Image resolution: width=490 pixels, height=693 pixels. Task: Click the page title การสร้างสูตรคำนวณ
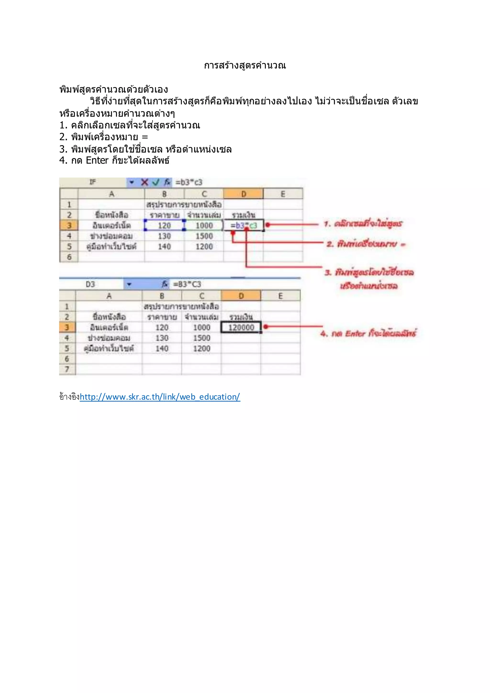pyautogui.click(x=245, y=66)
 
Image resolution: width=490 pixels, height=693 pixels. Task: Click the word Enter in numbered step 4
pyautogui.click(x=97, y=160)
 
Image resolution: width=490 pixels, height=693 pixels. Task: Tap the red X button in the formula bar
pyautogui.click(x=145, y=182)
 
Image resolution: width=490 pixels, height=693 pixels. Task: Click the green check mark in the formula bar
pyautogui.click(x=156, y=182)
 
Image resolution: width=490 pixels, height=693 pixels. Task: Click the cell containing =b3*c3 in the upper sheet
pyautogui.click(x=244, y=225)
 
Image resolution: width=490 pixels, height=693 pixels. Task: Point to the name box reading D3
pyautogui.click(x=90, y=284)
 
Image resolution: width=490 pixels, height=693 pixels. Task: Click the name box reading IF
pyautogui.click(x=93, y=182)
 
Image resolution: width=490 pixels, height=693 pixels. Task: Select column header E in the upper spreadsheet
pyautogui.click(x=283, y=194)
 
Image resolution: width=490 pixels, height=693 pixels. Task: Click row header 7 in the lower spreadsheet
pyautogui.click(x=67, y=369)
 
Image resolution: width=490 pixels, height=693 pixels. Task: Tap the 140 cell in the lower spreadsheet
pyautogui.click(x=162, y=349)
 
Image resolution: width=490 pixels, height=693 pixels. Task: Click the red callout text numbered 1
pyautogui.click(x=363, y=224)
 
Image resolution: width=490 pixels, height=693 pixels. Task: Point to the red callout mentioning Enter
pyautogui.click(x=368, y=333)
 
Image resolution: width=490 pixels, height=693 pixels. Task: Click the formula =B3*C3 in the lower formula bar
pyautogui.click(x=187, y=284)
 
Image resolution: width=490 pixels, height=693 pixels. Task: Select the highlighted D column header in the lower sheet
pyautogui.click(x=241, y=296)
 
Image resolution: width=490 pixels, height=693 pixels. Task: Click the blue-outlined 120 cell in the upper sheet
pyautogui.click(x=164, y=225)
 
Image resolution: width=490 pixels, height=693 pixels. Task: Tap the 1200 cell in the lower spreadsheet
pyautogui.click(x=201, y=349)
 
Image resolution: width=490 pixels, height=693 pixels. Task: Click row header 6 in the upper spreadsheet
pyautogui.click(x=69, y=257)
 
